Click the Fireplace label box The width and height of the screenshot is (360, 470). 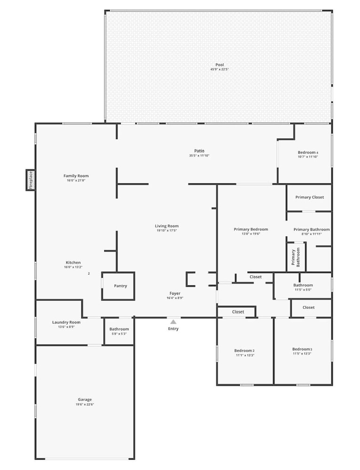pyautogui.click(x=30, y=180)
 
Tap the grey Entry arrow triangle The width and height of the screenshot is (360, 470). pyautogui.click(x=173, y=322)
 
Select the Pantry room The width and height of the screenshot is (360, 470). pyautogui.click(x=118, y=286)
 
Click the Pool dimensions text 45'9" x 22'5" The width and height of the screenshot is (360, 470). pyautogui.click(x=220, y=69)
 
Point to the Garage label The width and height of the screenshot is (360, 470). pyautogui.click(x=85, y=399)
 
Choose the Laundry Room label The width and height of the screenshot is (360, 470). pyautogui.click(x=66, y=322)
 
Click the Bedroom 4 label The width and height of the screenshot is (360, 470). pyautogui.click(x=308, y=152)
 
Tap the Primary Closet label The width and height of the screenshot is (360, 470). pyautogui.click(x=310, y=197)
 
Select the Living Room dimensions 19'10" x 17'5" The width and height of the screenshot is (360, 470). pyautogui.click(x=167, y=230)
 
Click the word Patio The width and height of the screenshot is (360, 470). pyautogui.click(x=199, y=151)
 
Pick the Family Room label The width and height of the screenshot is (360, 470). pyautogui.click(x=76, y=176)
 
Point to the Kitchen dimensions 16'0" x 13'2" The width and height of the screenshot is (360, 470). pyautogui.click(x=73, y=267)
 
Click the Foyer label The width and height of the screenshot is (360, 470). pyautogui.click(x=175, y=293)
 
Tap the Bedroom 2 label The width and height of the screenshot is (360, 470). pyautogui.click(x=244, y=351)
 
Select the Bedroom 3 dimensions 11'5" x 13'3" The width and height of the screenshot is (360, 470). pyautogui.click(x=302, y=353)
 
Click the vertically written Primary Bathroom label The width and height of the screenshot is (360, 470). pyautogui.click(x=296, y=257)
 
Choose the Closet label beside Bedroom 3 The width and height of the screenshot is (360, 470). pyautogui.click(x=308, y=307)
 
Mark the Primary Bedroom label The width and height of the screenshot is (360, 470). pyautogui.click(x=251, y=229)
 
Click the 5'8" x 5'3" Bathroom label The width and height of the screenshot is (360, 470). pyautogui.click(x=119, y=329)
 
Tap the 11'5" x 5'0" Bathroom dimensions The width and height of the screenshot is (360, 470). pyautogui.click(x=303, y=290)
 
